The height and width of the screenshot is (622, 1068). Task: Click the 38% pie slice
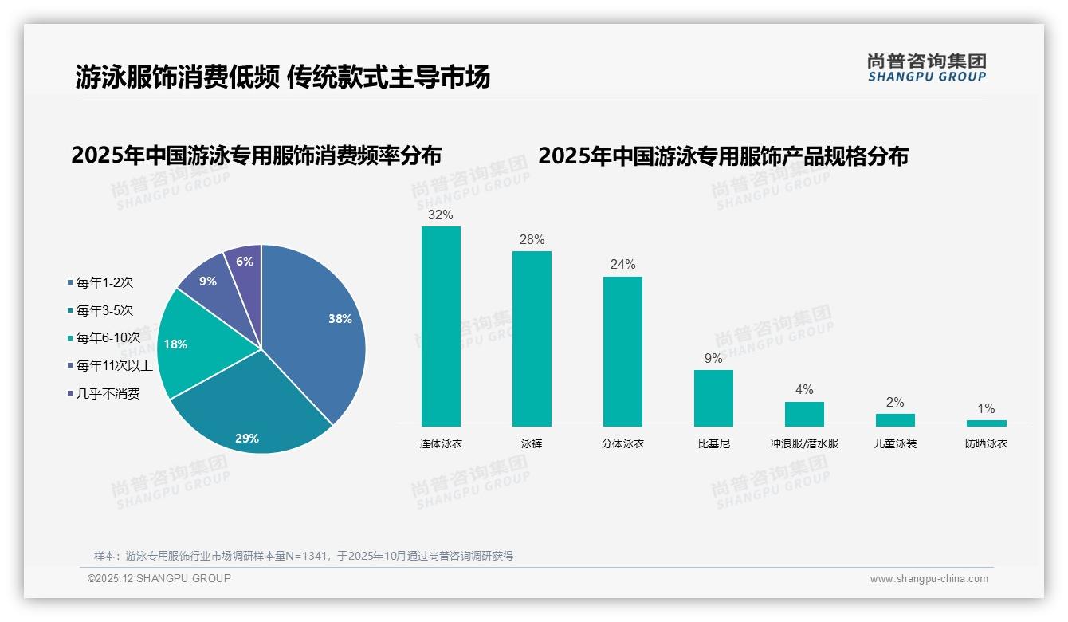(319, 327)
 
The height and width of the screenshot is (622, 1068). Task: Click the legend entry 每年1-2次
(104, 282)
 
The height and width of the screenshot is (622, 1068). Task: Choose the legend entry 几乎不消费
(108, 394)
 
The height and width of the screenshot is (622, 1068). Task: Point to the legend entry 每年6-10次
(108, 338)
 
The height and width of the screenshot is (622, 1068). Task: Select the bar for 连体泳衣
(441, 326)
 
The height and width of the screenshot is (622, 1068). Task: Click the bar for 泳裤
(532, 339)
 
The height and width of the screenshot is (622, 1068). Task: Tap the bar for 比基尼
(713, 398)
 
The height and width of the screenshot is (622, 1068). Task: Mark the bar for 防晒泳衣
(986, 423)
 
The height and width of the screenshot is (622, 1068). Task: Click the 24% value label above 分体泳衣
(622, 265)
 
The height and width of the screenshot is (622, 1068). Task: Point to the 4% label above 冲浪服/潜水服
(804, 390)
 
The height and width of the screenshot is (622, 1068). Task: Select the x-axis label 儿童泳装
(895, 443)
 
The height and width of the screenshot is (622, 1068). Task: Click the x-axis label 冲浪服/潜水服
(804, 443)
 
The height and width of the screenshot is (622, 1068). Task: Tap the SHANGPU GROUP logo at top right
(926, 68)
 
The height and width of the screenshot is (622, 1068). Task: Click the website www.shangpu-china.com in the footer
(929, 579)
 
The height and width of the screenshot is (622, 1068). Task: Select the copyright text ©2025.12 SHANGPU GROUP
(159, 578)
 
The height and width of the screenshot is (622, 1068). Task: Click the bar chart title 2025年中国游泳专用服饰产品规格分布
(723, 156)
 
